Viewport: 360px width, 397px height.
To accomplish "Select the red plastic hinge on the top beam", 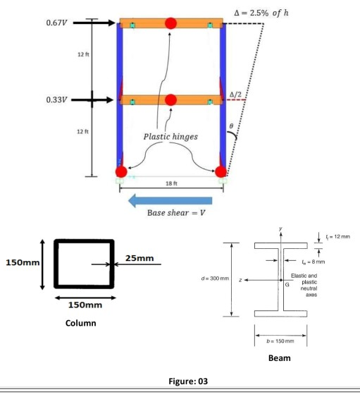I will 171,24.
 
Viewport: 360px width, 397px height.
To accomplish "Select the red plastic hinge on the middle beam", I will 171,100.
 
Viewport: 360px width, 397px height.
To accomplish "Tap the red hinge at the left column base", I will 121,171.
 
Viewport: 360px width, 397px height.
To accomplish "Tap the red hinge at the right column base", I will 221,171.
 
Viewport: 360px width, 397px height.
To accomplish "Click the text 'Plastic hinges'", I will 171,137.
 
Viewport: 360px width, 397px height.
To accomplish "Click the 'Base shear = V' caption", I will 172,213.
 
